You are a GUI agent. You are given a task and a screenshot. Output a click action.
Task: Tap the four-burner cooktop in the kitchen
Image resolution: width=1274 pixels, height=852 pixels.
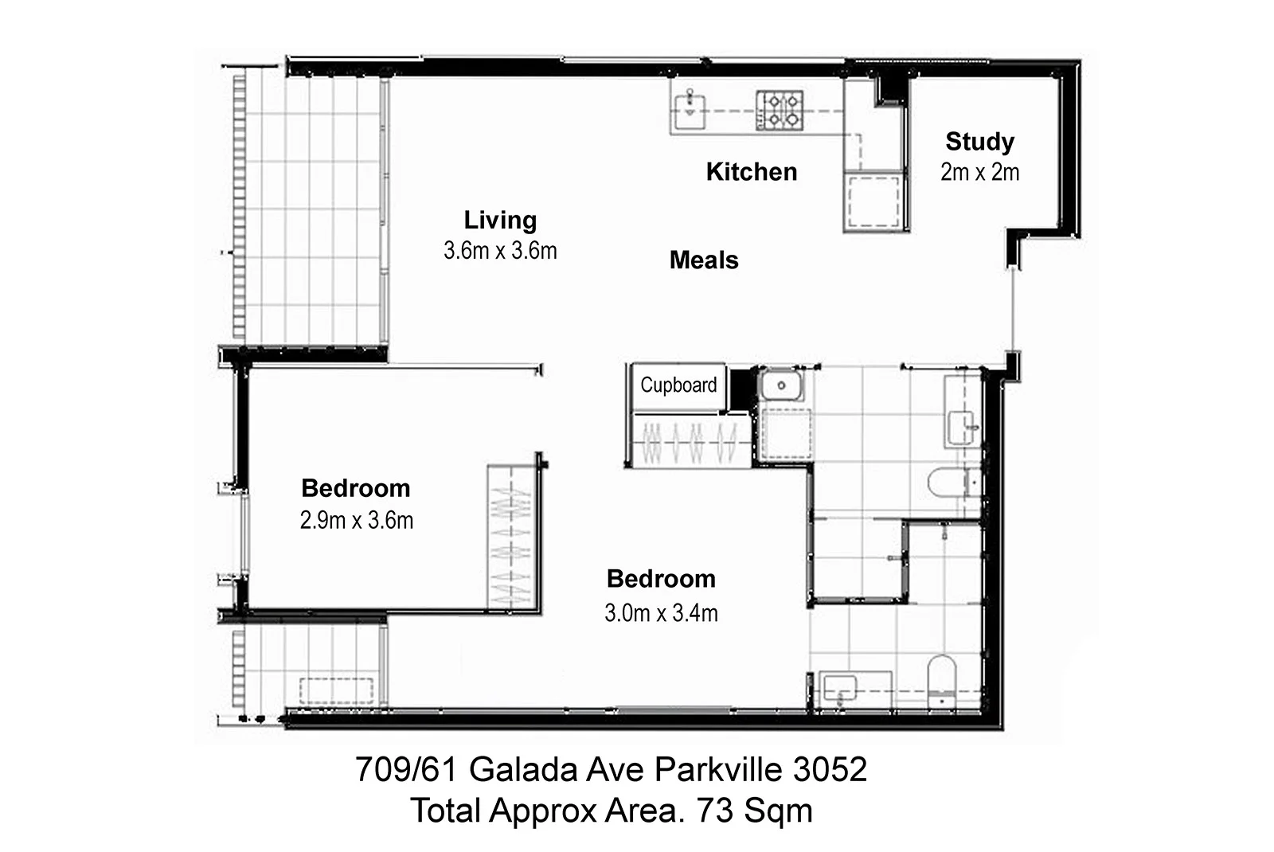point(780,111)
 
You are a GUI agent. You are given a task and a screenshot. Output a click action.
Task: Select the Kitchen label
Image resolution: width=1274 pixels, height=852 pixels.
point(751,172)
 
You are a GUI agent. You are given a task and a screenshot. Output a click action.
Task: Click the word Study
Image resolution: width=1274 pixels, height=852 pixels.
point(979,142)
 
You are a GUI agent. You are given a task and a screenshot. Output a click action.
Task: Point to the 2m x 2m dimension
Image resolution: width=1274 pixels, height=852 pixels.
point(979,172)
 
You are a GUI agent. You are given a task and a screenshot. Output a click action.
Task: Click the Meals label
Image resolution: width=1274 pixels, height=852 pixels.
point(704,260)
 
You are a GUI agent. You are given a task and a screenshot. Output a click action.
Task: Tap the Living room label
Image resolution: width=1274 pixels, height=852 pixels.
point(500,220)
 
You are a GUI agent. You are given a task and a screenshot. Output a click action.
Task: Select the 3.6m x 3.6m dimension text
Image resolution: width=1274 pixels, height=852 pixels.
point(500,251)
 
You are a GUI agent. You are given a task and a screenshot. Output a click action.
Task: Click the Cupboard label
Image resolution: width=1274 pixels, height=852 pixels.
point(678,385)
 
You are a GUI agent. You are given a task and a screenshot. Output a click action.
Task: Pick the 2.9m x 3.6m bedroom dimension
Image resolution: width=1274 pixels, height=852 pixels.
point(357,521)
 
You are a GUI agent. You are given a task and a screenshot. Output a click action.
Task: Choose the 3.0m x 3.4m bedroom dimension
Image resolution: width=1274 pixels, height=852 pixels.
point(661,613)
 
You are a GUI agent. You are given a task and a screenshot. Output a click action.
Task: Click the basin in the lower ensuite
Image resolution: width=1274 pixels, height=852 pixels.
point(841,686)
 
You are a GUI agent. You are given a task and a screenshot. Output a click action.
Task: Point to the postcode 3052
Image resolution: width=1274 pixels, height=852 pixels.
point(830,770)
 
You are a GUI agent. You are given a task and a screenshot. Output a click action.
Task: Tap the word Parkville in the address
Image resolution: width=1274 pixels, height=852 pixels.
point(719,770)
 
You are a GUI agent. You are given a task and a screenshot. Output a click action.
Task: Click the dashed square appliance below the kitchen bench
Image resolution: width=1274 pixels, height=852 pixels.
point(874,203)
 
